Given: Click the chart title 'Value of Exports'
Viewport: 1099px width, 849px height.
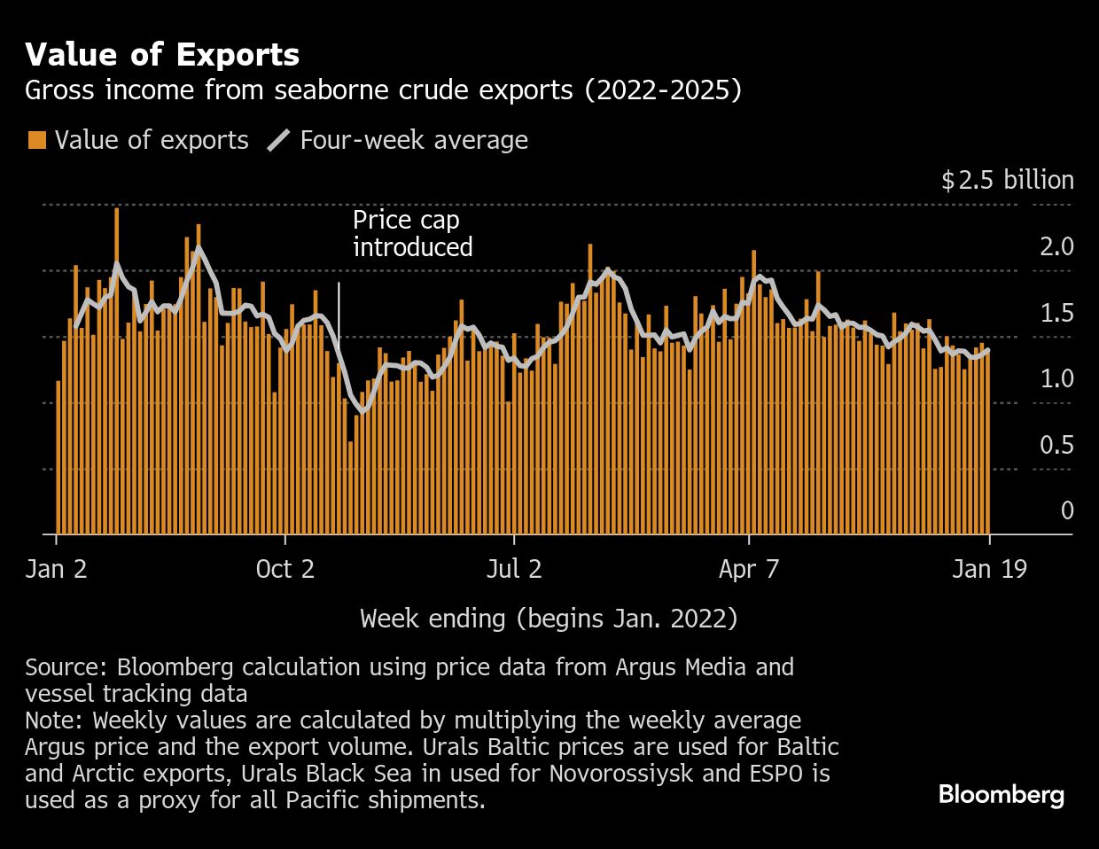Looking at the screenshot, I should coord(162,55).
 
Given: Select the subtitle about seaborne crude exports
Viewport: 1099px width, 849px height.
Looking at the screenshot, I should coord(383,90).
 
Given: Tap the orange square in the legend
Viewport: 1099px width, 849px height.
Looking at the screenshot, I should coord(36,140).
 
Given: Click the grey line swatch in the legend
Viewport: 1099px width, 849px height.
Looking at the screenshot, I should coord(278,140).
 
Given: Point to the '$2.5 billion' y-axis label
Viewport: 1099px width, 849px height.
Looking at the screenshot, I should coord(1007,181).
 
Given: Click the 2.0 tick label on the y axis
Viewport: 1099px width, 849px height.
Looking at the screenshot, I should coord(1056,246).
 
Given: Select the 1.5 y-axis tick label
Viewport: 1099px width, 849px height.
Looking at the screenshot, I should coord(1056,313).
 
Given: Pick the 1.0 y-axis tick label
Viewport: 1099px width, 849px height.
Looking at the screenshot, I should coord(1056,378).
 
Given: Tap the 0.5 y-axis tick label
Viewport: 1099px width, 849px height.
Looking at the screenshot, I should coord(1056,444).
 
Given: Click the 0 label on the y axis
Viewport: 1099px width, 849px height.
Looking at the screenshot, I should coord(1066,510).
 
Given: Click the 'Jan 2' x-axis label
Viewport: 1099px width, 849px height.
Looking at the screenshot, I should coord(57,569).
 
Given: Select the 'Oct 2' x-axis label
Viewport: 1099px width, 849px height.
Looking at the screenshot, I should coord(284,569).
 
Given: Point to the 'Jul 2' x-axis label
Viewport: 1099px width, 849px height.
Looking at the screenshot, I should coord(514,569).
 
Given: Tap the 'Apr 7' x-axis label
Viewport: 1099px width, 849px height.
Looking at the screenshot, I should coord(749,569).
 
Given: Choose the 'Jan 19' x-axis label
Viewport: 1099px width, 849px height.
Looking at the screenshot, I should coord(989,569).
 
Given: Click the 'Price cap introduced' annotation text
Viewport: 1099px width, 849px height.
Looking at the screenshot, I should coord(412,233).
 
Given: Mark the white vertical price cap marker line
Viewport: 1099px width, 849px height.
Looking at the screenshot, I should coord(339,310).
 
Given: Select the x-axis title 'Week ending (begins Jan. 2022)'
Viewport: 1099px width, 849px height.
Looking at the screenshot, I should coord(549,618).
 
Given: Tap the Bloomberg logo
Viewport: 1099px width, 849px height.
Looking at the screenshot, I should coord(1001,794).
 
